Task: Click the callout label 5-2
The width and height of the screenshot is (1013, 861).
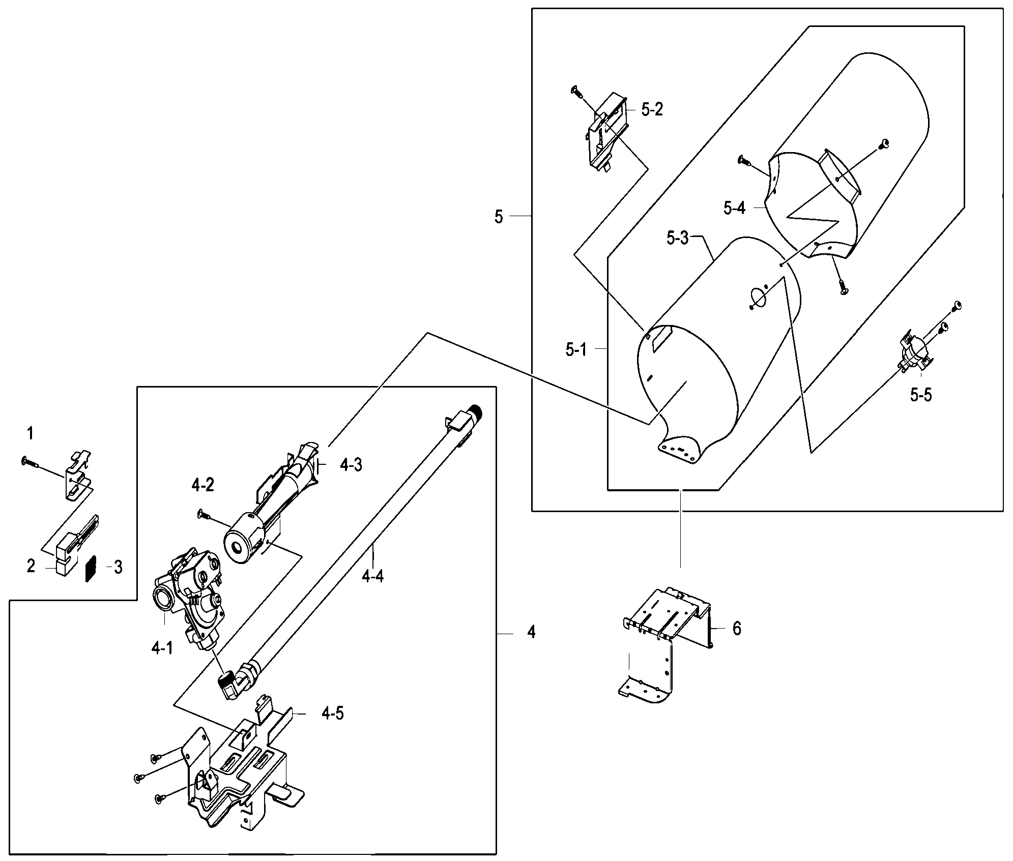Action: [652, 109]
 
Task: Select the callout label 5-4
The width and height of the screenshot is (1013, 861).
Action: [734, 207]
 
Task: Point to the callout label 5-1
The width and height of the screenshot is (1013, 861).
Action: [576, 349]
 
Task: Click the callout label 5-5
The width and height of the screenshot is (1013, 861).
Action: [921, 395]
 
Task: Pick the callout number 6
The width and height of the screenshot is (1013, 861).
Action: [737, 629]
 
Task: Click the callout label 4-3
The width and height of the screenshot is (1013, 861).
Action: [351, 465]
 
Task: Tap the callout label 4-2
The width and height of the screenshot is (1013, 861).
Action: [203, 486]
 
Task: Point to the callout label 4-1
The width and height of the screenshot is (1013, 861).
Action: [162, 648]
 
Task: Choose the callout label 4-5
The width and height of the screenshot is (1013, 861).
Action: [332, 714]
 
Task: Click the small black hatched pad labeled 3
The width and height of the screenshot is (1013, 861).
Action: [91, 568]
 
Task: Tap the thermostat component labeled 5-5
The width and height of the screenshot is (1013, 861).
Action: [914, 353]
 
